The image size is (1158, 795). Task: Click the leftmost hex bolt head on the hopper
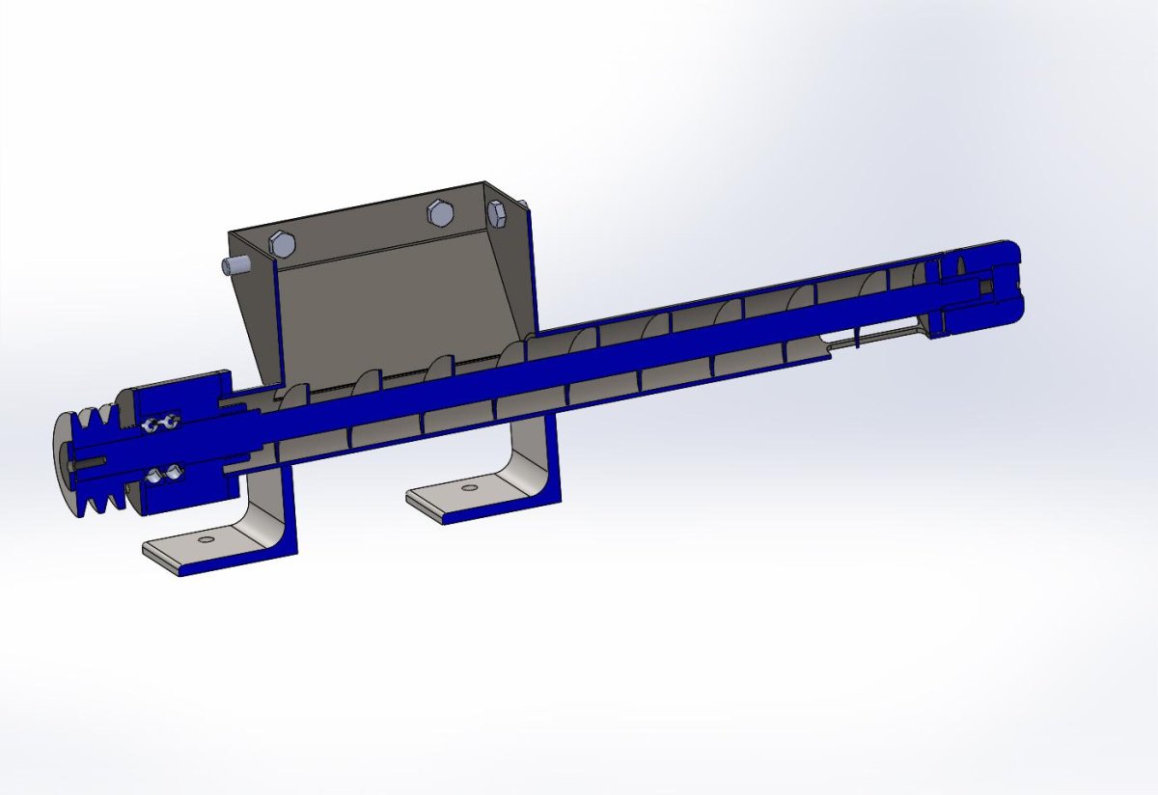[x=283, y=243]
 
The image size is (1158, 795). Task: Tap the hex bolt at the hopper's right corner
[x=498, y=214]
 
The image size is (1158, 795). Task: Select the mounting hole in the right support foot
[x=469, y=488]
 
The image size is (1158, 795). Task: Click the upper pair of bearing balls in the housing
[x=160, y=424]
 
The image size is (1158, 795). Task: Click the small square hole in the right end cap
[x=984, y=287]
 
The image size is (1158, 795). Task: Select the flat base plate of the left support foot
[x=193, y=553]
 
